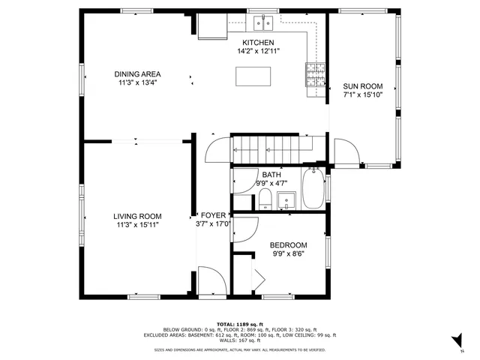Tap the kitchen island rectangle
point(253,76)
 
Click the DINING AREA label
point(137,74)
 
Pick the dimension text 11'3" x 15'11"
point(137,224)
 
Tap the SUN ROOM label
point(362,86)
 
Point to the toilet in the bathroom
point(265,198)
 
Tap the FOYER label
point(212,215)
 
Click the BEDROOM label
point(288,245)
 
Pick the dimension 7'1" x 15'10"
point(362,95)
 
